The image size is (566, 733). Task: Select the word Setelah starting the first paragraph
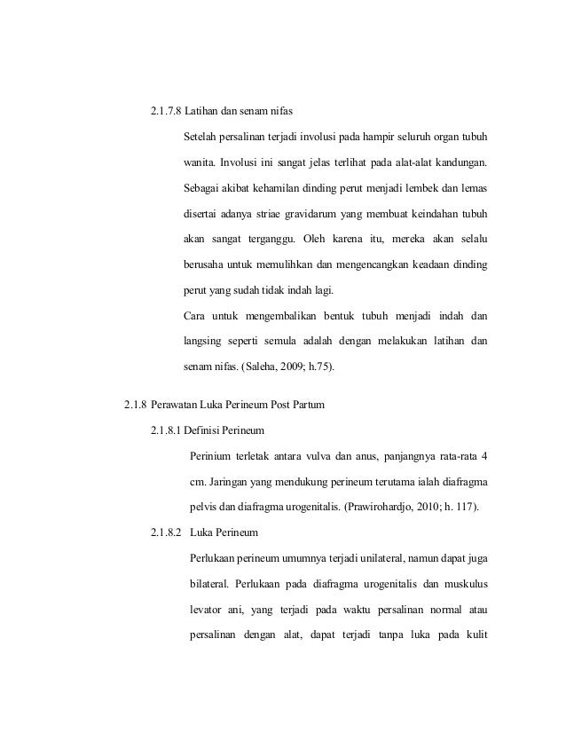(x=201, y=138)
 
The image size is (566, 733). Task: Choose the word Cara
(x=194, y=315)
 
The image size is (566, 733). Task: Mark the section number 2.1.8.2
(x=166, y=532)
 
